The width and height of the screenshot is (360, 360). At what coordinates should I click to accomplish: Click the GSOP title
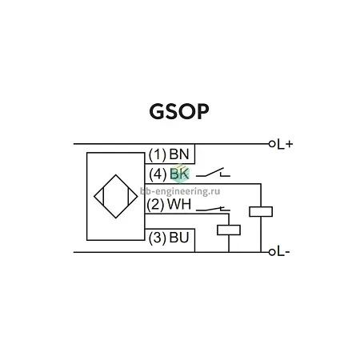click(179, 111)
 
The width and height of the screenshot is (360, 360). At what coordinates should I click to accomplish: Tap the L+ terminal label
click(285, 144)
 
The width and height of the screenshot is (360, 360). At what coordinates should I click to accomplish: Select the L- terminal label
click(283, 251)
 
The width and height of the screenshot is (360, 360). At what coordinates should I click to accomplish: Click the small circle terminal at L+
click(272, 144)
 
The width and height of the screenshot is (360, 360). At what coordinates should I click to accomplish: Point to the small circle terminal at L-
click(272, 252)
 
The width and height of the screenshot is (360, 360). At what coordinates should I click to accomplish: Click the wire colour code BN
click(179, 154)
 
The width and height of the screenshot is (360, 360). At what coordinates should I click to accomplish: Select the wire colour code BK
click(179, 174)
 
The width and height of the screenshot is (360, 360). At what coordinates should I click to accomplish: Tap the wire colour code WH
click(179, 204)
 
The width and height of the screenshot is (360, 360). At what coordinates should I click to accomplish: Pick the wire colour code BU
click(179, 238)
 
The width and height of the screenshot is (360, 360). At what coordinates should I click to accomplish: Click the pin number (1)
click(158, 154)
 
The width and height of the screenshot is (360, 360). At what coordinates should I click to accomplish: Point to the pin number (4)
click(158, 174)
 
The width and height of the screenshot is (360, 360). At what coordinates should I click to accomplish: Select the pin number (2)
click(155, 205)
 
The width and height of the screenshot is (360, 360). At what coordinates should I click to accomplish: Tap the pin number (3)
click(158, 238)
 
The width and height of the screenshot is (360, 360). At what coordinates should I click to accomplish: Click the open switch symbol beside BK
click(213, 172)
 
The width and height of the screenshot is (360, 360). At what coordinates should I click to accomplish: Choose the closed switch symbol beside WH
click(213, 209)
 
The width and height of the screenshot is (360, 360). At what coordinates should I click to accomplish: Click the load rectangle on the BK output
click(261, 212)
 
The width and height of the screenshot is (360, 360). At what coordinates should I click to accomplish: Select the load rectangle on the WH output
click(229, 230)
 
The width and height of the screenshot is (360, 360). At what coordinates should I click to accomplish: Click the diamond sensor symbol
click(116, 197)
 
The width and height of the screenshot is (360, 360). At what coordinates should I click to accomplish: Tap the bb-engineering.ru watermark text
click(180, 191)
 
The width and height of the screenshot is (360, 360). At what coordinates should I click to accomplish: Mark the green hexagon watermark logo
click(180, 174)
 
